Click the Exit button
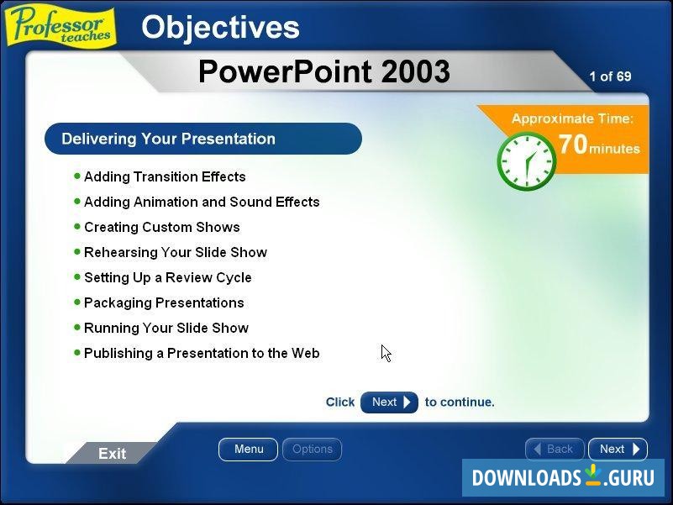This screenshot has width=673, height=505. coord(112,454)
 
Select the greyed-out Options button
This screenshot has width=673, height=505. coord(312,450)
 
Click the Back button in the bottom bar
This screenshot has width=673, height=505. coord(554,450)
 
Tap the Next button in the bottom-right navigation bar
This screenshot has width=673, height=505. coord(618,450)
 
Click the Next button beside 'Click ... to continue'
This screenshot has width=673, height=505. coord(389,402)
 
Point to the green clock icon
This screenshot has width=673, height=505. coord(526,161)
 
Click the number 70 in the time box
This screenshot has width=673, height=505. coord(573,145)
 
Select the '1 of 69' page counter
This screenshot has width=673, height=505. coord(610,76)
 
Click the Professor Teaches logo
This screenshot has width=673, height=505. coord(60,24)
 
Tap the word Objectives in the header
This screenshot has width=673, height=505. coord(220,28)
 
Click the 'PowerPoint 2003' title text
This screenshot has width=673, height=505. coord(323,72)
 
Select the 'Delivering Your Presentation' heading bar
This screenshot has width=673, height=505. coord(202,139)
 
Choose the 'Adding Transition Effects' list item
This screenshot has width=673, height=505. coord(165,176)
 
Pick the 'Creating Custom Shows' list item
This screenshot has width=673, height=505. coord(162,227)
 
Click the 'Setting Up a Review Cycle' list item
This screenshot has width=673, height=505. coord(168,277)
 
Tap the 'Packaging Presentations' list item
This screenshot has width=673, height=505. coord(164,302)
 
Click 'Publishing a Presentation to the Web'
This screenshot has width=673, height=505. coord(202,353)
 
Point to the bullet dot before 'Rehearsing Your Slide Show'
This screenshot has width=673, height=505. coord(77,251)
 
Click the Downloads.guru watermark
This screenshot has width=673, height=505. coord(563,477)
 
